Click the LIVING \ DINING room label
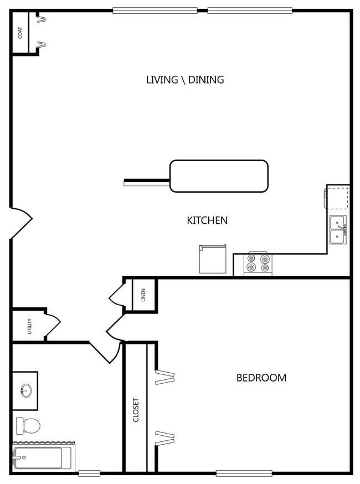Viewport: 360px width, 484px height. click(x=185, y=80)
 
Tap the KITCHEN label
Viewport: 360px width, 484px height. click(x=207, y=220)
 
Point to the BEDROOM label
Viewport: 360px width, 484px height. click(x=261, y=378)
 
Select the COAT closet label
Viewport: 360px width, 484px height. click(x=20, y=33)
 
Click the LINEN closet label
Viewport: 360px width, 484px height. click(x=143, y=294)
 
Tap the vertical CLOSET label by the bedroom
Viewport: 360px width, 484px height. click(x=136, y=410)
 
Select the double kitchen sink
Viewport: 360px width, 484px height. click(x=338, y=229)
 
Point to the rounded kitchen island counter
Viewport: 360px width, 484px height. click(x=219, y=176)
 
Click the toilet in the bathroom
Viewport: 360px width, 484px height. click(x=28, y=425)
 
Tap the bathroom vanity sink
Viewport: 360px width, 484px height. click(x=25, y=390)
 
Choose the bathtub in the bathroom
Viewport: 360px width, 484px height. click(x=41, y=458)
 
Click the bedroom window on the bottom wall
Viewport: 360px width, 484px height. click(x=244, y=473)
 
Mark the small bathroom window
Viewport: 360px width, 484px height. click(x=89, y=473)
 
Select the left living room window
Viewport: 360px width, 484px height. click(x=155, y=10)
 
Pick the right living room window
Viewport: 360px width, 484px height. click(x=250, y=10)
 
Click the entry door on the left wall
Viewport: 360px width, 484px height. click(x=20, y=223)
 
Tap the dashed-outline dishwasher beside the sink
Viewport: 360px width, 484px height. click(x=338, y=197)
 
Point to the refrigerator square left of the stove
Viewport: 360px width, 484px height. click(x=213, y=259)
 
